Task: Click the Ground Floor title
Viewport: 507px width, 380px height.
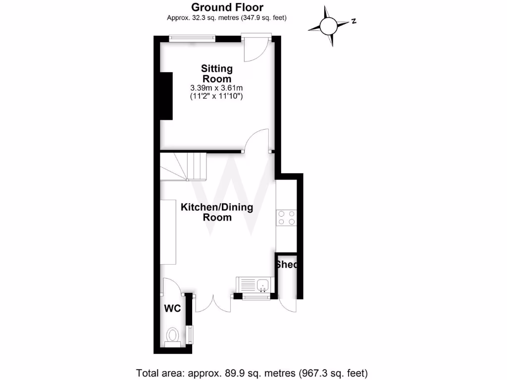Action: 227,7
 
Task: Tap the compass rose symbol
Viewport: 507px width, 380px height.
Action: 328,25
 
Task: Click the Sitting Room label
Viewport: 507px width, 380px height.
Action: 216,73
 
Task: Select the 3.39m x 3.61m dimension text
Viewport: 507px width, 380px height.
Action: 216,88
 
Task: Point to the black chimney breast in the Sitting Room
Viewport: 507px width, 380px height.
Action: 166,95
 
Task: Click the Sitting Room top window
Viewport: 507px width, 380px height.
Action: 192,38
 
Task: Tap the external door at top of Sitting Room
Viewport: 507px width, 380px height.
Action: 256,48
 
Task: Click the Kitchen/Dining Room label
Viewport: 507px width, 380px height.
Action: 216,212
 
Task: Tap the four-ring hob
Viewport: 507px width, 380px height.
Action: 287,218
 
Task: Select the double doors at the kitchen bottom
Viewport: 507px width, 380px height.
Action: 213,303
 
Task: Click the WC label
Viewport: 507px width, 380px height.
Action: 172,308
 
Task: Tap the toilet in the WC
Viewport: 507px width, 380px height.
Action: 172,336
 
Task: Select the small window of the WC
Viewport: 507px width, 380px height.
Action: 189,334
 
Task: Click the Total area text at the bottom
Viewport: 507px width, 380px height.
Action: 252,372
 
